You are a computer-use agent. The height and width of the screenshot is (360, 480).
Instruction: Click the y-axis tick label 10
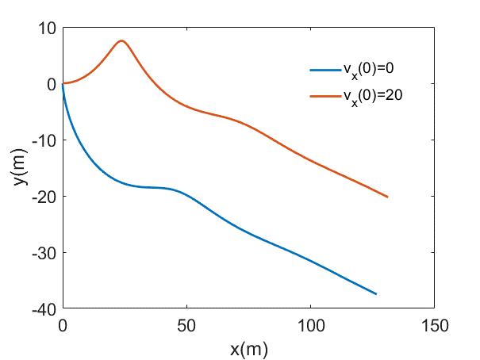[48, 28]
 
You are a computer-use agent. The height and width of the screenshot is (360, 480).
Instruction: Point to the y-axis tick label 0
[52, 83]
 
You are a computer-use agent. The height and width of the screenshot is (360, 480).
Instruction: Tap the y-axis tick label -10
[44, 140]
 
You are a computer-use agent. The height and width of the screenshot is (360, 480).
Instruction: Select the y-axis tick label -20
[44, 197]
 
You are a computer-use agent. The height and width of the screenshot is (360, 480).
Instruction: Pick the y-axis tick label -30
[44, 253]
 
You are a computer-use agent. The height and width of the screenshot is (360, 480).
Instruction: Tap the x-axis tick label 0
[63, 325]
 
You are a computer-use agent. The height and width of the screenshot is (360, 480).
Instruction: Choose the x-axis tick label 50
[186, 325]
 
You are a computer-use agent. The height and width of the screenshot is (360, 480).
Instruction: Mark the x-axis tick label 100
[310, 325]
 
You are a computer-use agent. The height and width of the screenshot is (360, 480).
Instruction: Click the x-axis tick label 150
[434, 325]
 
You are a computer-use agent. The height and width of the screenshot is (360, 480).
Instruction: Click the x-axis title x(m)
[248, 347]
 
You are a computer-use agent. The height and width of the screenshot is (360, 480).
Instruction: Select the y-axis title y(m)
[18, 168]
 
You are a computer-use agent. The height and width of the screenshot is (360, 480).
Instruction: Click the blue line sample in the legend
[324, 71]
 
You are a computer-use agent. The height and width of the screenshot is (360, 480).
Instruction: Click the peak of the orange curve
[121, 40]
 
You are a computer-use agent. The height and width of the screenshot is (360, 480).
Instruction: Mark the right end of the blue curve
[376, 294]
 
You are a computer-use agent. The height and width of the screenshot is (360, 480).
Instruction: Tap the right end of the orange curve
[387, 197]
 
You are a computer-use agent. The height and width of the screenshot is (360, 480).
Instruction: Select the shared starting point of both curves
[63, 83]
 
